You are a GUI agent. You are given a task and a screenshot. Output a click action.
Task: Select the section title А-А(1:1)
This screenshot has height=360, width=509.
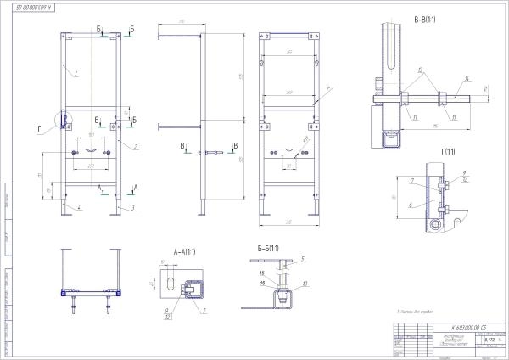tap(184, 252)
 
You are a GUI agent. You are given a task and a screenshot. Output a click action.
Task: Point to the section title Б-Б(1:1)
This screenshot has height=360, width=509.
tap(271, 248)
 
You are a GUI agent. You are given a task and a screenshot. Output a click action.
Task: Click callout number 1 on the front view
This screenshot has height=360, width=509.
tap(76, 74)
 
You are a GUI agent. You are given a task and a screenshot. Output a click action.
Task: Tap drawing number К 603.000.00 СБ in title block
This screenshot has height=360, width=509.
tap(454, 326)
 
